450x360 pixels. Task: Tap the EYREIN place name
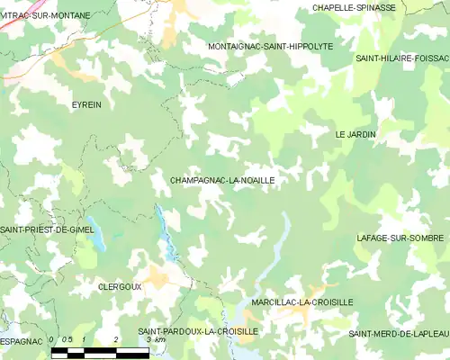86,105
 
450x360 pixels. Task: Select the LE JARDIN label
355,134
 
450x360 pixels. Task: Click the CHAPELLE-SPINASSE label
354,7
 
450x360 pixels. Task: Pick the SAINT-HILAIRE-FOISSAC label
401,58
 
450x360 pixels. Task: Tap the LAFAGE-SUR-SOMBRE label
400,238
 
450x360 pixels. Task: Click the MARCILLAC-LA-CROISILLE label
301,302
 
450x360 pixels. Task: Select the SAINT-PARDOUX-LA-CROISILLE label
197,331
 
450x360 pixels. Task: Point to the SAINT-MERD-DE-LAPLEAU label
399,334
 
